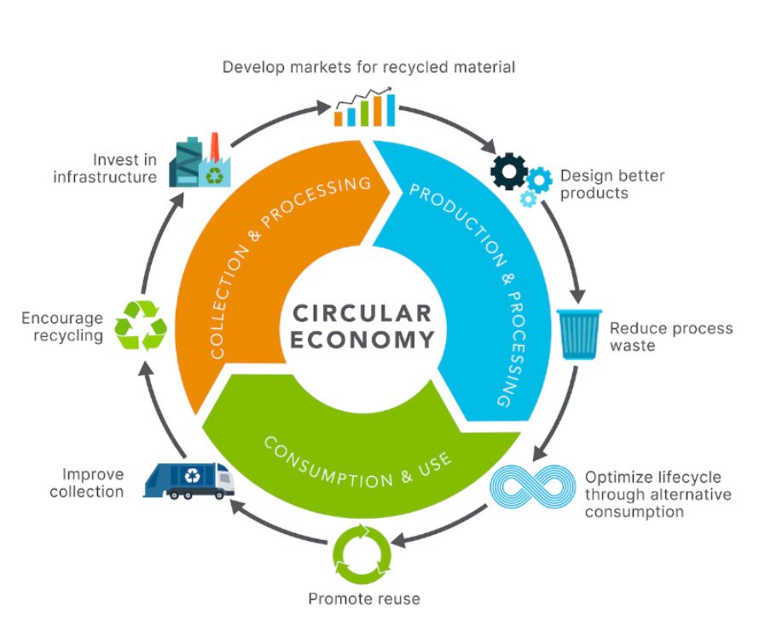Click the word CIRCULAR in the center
click(x=362, y=311)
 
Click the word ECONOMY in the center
click(x=362, y=340)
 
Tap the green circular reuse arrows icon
click(x=362, y=553)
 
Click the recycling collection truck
click(x=189, y=481)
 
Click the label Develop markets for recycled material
click(x=368, y=67)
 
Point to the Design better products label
click(x=611, y=184)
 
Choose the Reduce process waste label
click(x=670, y=337)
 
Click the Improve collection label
click(x=86, y=483)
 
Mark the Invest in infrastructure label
click(x=105, y=168)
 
